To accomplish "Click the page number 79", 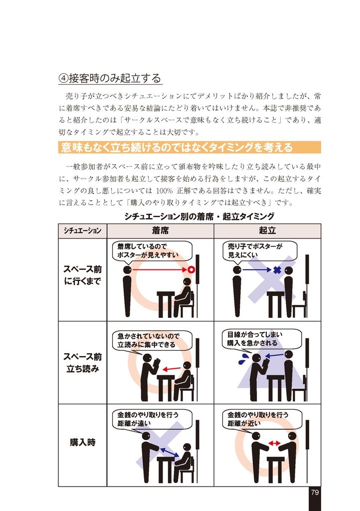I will coord(314,492).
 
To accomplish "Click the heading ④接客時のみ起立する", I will coord(110,78).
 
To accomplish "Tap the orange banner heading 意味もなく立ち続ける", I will coord(177,148).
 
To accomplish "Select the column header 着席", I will coord(160,231).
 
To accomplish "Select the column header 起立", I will coord(267,231).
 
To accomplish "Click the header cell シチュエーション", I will coord(82,231).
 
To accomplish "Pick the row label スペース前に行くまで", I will coord(82,275).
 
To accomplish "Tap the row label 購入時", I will coord(82,442).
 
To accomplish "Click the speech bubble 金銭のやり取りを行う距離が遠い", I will coord(151,419).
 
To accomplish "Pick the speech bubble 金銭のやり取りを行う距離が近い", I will coord(260,419).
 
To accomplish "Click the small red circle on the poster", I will coord(190,270).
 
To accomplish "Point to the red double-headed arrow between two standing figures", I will coord(274,443).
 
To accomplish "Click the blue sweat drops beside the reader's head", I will coord(244,358).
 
